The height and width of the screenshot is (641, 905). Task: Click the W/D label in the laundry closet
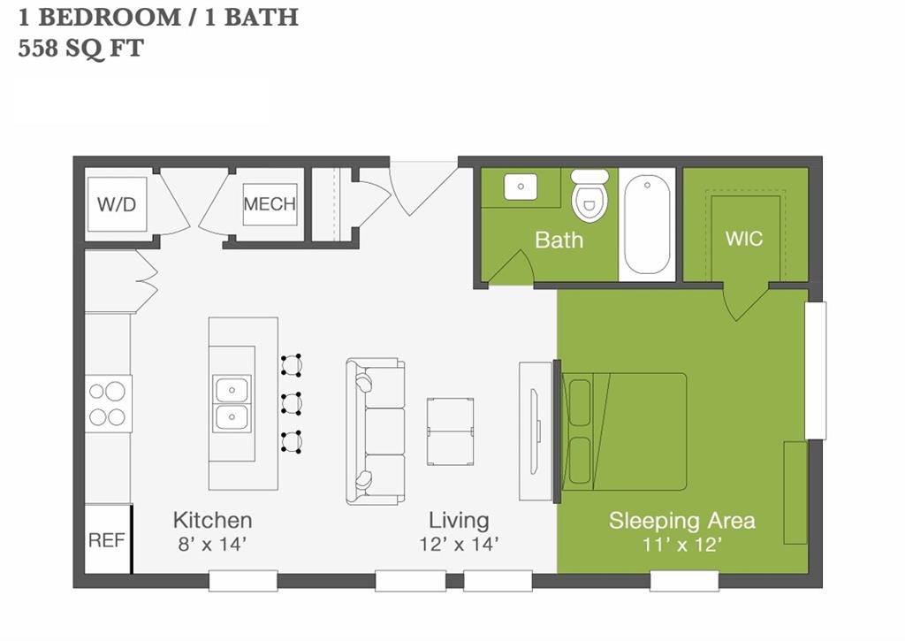(116, 205)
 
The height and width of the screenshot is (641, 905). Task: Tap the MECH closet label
(270, 204)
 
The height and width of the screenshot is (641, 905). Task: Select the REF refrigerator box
(107, 539)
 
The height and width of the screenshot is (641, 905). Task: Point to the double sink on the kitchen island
(232, 403)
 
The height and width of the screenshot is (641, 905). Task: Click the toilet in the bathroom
(589, 196)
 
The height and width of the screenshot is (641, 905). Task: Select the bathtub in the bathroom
(647, 225)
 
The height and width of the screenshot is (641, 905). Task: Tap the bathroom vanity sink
(521, 187)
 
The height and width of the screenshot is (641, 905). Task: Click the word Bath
(559, 240)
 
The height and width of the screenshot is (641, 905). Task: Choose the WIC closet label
(743, 239)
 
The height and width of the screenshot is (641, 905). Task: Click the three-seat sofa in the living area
(376, 431)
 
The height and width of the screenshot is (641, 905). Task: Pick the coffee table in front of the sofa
(450, 431)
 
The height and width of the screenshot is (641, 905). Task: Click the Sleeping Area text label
(681, 521)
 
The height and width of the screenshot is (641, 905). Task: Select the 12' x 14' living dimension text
(459, 544)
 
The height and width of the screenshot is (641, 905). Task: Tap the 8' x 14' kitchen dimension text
(211, 544)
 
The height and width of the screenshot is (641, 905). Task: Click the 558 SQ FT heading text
(80, 48)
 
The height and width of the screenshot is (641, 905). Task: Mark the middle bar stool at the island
(291, 403)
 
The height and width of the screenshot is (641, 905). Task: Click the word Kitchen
(212, 520)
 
